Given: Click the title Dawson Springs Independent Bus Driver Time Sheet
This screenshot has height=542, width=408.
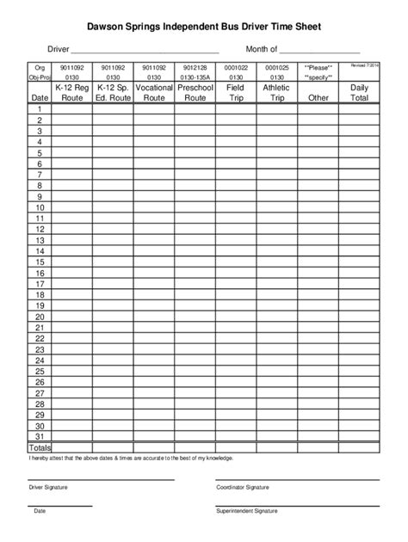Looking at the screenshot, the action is [204, 28].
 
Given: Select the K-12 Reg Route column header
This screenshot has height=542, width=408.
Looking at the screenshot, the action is [71, 93].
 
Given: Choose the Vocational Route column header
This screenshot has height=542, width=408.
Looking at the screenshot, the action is [154, 93].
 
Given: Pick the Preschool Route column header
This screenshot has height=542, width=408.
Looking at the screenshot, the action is [195, 93].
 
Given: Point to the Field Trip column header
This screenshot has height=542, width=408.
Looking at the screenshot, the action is [235, 93].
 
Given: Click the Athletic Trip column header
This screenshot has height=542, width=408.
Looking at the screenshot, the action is [276, 93].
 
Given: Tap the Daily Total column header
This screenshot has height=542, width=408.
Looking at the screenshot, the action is [359, 93].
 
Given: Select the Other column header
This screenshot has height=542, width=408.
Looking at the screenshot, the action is [318, 98].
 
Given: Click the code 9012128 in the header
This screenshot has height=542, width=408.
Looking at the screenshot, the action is [195, 66].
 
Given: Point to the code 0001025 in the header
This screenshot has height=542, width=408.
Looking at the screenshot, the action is [276, 66].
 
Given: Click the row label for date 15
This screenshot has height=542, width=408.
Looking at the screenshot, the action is [40, 262].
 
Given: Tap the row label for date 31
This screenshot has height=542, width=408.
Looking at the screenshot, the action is [40, 436].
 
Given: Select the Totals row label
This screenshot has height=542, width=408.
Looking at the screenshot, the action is [40, 447].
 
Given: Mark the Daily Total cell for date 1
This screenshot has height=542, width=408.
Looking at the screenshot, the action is [359, 109].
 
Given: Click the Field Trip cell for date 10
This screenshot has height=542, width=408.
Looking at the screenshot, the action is [235, 207].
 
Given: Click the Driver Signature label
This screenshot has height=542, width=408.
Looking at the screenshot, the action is [48, 488].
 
